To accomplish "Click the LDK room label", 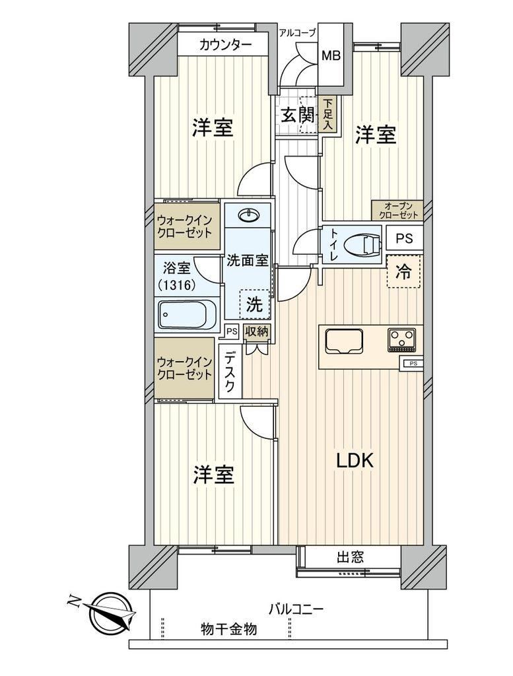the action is point(355,461).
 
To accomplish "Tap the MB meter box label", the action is point(331,55).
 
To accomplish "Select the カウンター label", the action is point(225,45).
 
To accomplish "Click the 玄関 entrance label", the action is point(298,115).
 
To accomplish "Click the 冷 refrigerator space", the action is point(403,272).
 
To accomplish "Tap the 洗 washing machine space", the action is point(254,304).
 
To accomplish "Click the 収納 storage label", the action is point(257,331).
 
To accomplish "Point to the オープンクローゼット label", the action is point(397,211).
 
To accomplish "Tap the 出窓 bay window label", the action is point(350,557).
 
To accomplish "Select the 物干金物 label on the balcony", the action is point(228,629).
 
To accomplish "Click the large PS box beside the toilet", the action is point(404,238).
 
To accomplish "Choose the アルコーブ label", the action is point(298,32).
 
